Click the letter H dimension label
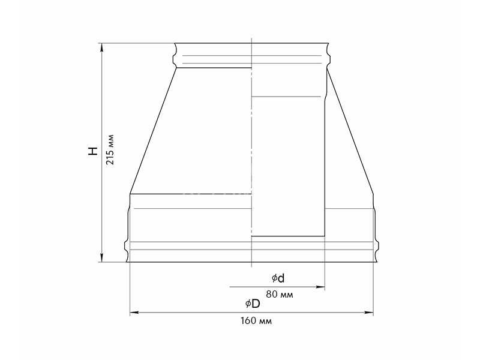(x=93, y=151)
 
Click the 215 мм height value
(x=110, y=149)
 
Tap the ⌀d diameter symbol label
(x=278, y=278)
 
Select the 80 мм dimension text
(x=279, y=295)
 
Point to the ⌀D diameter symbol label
(x=253, y=304)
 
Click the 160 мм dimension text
(x=256, y=321)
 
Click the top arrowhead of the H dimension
(x=102, y=47)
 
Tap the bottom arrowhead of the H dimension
(x=102, y=258)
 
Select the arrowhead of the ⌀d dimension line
(x=320, y=287)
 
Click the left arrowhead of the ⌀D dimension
(x=134, y=313)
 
